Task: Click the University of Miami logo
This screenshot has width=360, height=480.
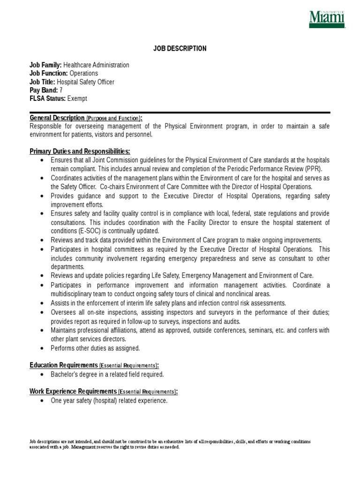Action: tap(326, 19)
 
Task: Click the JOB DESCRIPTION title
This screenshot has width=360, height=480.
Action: tap(180, 49)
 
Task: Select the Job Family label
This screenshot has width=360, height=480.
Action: tap(45, 65)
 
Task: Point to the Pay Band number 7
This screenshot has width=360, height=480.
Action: tap(61, 90)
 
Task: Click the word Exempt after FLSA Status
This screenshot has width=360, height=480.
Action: tap(77, 98)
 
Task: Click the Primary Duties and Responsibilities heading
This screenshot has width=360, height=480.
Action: tap(80, 151)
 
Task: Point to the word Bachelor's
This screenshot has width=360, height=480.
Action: tap(65, 374)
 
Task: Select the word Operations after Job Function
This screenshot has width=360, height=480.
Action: tap(84, 74)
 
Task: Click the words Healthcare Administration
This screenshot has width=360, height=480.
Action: tap(96, 65)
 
